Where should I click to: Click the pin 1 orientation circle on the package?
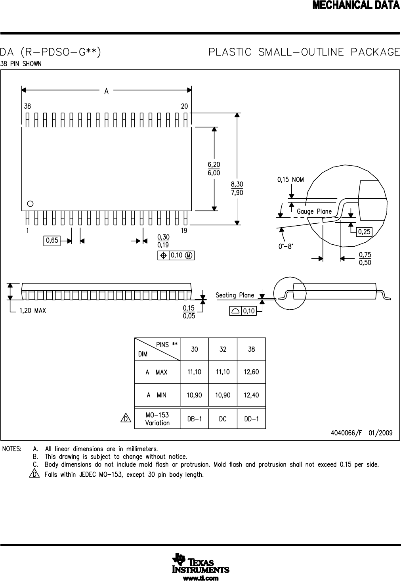30,204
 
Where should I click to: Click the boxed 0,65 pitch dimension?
52,240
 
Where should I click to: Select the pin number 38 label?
27,106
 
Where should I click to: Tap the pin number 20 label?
184,106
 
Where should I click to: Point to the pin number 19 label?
184,230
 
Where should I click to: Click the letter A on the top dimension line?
106,91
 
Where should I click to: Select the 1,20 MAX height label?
32,311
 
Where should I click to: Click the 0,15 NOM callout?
290,180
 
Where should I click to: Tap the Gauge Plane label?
314,211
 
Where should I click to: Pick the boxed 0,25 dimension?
364,232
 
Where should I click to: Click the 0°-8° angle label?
286,246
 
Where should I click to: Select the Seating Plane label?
235,295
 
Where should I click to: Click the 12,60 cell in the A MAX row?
251,372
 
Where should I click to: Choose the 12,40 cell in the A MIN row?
251,395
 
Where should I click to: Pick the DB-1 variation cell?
194,419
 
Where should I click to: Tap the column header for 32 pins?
223,349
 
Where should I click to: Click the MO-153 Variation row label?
157,419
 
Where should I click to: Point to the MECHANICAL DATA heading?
356,6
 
